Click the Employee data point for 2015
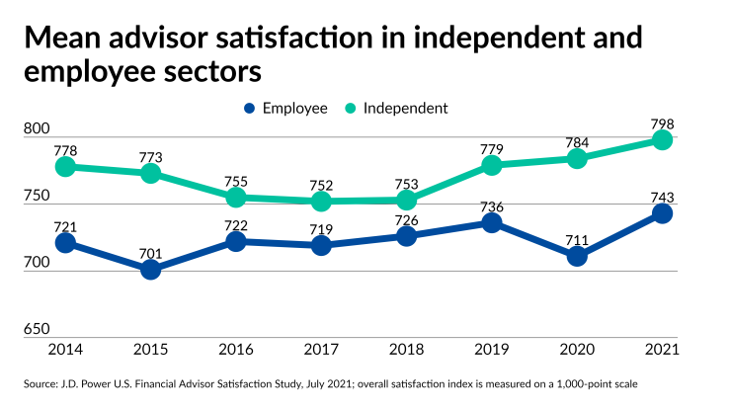click(x=151, y=269)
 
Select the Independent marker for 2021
click(x=662, y=140)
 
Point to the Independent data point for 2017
click(x=321, y=202)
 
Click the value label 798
click(x=662, y=123)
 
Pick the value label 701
click(x=151, y=253)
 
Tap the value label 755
click(x=236, y=181)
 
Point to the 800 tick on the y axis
click(x=36, y=128)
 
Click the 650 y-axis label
click(x=36, y=329)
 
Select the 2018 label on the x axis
click(x=406, y=351)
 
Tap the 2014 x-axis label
click(x=66, y=351)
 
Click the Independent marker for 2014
click(x=66, y=167)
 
